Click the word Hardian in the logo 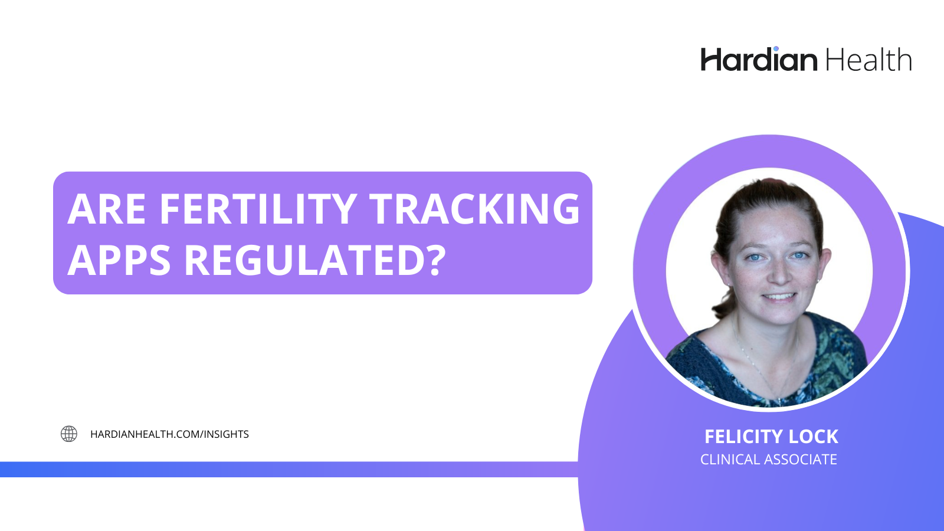759,60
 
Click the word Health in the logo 868,60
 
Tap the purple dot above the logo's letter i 776,48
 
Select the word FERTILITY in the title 258,209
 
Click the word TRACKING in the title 475,209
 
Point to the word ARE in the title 107,209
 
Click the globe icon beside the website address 69,434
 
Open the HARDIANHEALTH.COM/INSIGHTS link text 169,434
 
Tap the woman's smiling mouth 780,297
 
